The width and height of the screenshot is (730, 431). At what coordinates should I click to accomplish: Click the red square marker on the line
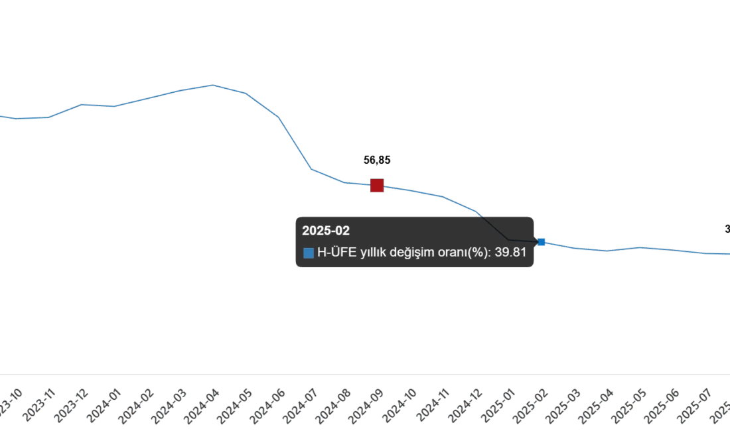pos(377,186)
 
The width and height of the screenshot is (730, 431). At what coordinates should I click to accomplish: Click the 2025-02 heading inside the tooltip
pos(326,231)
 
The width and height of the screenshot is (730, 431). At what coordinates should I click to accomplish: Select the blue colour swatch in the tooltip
pos(309,253)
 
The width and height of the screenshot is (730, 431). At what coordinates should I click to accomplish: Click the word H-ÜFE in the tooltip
pos(337,253)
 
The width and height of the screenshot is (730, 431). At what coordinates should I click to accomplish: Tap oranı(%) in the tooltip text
pos(462,253)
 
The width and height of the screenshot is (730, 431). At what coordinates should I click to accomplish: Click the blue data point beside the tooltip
pos(542,242)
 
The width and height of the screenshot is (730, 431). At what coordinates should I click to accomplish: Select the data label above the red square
pos(377,159)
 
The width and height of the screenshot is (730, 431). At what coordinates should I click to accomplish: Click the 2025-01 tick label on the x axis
pos(502,406)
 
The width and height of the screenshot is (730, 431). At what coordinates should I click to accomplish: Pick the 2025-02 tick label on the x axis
pos(534,406)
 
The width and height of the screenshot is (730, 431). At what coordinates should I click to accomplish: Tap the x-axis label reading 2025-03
pos(567,406)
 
